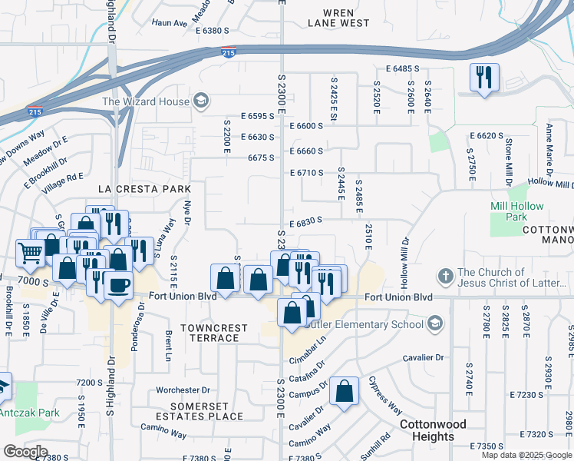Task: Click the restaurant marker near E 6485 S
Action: [x=484, y=78]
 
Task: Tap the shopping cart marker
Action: [x=30, y=251]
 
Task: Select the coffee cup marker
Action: [x=118, y=286]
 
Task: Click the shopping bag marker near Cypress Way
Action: [x=345, y=391]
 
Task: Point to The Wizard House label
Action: [x=145, y=101]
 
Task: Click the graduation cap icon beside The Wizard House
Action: [x=201, y=101]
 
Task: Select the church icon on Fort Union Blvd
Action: [x=444, y=276]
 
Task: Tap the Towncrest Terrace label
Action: [x=214, y=333]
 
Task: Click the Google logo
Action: [x=25, y=451]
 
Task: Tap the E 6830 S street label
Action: [x=305, y=221]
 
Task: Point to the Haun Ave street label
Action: [x=170, y=24]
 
